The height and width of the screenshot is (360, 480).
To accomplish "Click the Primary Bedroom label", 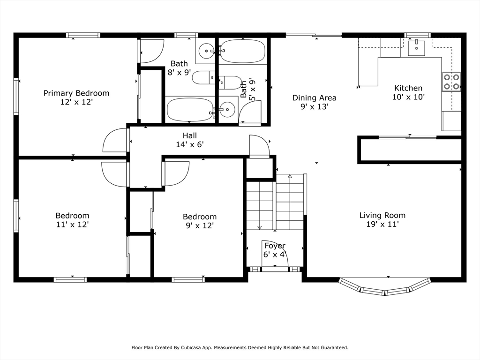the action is click(76, 93).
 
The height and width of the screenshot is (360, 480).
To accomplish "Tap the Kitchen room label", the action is click(408, 88).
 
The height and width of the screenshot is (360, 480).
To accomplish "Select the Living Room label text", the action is click(382, 215).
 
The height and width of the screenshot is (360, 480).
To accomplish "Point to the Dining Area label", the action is click(314, 98).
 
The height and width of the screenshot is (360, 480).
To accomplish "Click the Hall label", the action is click(190, 135).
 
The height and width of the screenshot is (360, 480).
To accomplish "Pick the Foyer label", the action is click(275, 246).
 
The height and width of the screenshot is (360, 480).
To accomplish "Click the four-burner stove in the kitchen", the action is click(451, 82).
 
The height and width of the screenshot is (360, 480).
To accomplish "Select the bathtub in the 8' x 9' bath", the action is click(190, 110).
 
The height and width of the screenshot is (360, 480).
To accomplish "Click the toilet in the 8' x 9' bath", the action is click(203, 77).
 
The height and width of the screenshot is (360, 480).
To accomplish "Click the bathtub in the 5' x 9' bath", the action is click(243, 51).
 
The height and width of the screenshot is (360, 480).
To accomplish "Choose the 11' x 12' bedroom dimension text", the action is click(73, 225).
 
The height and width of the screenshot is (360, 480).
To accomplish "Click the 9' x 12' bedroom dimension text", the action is click(200, 225).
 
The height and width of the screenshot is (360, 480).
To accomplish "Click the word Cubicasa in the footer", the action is click(190, 347).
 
